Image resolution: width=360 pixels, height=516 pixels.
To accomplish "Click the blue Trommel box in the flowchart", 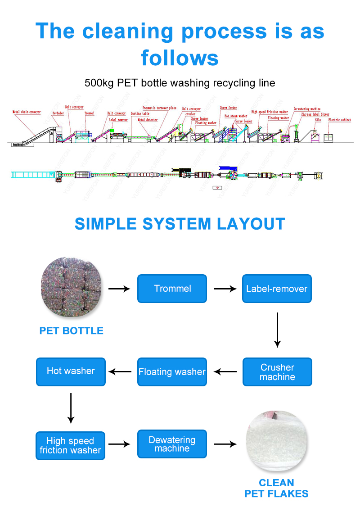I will (x=172, y=289).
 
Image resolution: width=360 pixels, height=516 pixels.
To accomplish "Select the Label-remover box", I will (x=277, y=289).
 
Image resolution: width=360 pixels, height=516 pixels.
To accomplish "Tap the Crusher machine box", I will (x=277, y=372).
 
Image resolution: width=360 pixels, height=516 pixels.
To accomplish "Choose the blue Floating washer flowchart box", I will (x=172, y=372).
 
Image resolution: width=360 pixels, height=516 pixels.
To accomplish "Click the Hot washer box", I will (x=71, y=371).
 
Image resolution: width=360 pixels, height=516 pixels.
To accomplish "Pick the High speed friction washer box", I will (x=70, y=446).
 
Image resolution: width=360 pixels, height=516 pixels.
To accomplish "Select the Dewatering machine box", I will (x=172, y=444).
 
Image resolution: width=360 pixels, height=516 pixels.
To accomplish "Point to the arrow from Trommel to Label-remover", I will (x=225, y=289).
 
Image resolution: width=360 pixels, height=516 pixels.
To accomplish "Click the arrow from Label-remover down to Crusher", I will (x=277, y=330).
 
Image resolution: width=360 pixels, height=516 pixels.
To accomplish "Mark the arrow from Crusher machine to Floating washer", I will (x=225, y=372).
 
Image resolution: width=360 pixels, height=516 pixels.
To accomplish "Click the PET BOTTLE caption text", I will (x=71, y=331).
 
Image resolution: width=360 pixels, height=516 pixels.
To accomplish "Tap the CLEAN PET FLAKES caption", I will (x=276, y=489).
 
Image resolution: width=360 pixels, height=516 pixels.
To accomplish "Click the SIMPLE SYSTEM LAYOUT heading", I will (x=180, y=224).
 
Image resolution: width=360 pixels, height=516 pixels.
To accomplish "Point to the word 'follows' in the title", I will (x=180, y=58).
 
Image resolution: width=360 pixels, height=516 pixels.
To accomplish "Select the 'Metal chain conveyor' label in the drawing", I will (x=26, y=112).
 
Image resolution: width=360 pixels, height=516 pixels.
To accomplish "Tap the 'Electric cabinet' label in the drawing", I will (x=339, y=120).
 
